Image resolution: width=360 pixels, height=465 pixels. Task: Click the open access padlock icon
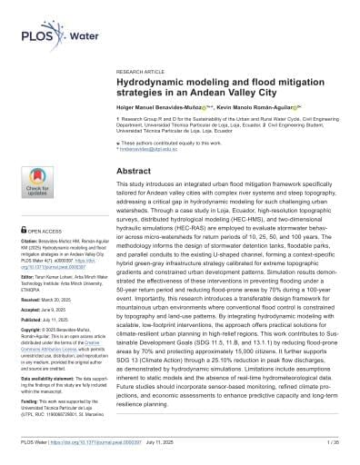pyautogui.click(x=25, y=231)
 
